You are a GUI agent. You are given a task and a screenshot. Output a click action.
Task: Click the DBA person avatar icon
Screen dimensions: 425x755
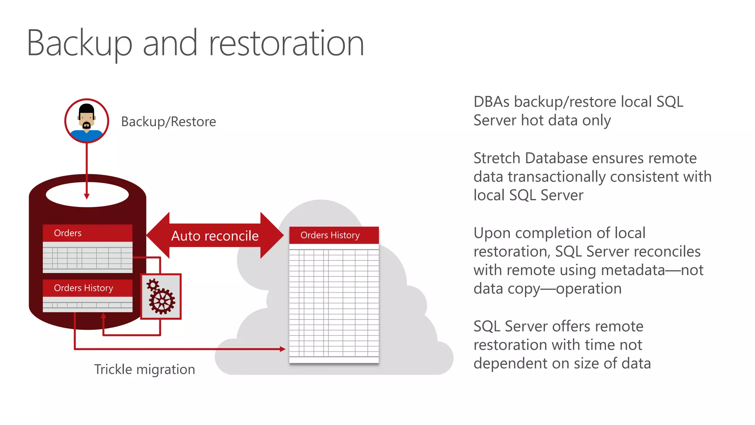click(x=87, y=121)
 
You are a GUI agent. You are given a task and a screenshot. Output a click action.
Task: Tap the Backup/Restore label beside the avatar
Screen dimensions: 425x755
click(x=168, y=122)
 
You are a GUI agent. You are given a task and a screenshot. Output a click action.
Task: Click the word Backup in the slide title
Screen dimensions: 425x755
click(x=79, y=44)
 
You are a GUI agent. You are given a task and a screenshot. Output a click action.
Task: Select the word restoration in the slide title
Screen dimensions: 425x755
click(x=286, y=44)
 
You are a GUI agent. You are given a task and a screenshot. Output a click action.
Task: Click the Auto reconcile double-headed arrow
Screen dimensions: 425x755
click(x=215, y=235)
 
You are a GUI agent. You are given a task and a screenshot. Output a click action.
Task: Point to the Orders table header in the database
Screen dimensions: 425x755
click(x=87, y=233)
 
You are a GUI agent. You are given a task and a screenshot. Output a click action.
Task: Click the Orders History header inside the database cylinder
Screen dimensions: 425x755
click(x=87, y=288)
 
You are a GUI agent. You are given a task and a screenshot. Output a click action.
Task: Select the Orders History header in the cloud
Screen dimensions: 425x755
click(x=334, y=235)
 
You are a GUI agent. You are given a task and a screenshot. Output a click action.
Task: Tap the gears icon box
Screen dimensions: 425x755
click(x=161, y=296)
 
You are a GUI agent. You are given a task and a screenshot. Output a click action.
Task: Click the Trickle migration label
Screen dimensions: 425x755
click(x=145, y=369)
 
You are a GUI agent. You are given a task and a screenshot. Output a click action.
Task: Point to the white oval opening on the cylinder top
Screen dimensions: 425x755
click(x=87, y=194)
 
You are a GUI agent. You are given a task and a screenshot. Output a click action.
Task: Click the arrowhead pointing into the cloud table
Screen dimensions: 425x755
click(x=282, y=349)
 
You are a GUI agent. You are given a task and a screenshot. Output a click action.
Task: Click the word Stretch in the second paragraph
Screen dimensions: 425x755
click(x=497, y=158)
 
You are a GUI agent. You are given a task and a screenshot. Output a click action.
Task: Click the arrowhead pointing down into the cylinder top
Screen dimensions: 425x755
click(x=87, y=196)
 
